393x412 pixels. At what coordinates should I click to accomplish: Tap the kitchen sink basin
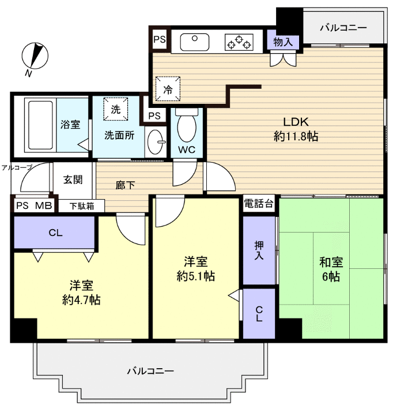pyautogui.click(x=196, y=42)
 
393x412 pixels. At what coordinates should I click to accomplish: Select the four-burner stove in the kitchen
pyautogui.click(x=239, y=42)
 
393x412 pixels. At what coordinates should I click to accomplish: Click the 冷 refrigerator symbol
pyautogui.click(x=168, y=89)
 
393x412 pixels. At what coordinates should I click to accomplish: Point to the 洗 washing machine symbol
pyautogui.click(x=116, y=109)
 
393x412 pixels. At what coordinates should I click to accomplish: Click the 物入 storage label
pyautogui.click(x=283, y=42)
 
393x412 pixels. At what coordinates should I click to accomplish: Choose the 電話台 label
pyautogui.click(x=259, y=204)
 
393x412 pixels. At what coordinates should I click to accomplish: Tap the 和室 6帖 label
pyautogui.click(x=331, y=269)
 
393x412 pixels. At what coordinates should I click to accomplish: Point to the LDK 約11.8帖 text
pyautogui.click(x=296, y=129)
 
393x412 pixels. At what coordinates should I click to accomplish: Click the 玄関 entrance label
pyautogui.click(x=73, y=179)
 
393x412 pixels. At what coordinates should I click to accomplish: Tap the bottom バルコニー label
pyautogui.click(x=150, y=371)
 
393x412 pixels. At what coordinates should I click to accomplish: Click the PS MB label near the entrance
pyautogui.click(x=34, y=206)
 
